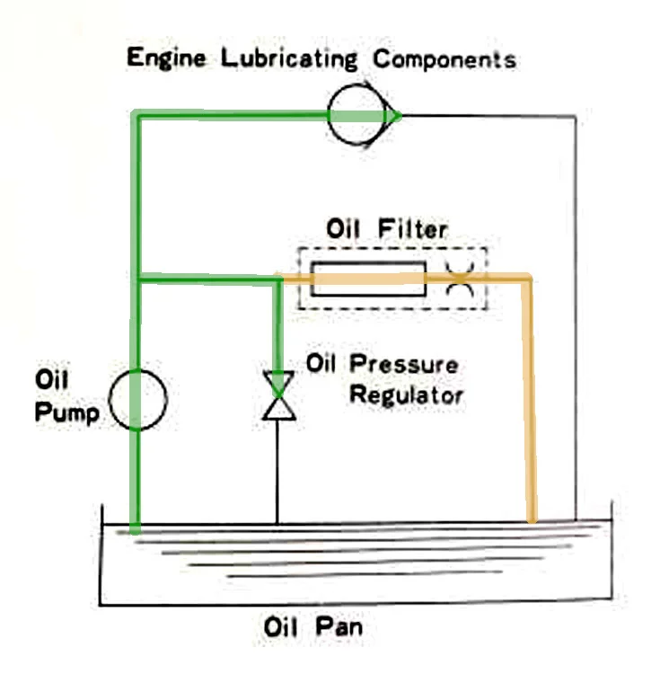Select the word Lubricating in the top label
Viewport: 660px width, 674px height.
pyautogui.click(x=282, y=60)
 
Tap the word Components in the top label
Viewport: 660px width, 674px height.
pyautogui.click(x=445, y=60)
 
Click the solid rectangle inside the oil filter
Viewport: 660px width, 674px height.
pyautogui.click(x=368, y=279)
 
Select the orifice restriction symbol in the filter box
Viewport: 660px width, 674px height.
pyautogui.click(x=461, y=279)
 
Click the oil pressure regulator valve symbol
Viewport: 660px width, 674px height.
pyautogui.click(x=277, y=396)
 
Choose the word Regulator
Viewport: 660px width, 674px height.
pyautogui.click(x=406, y=395)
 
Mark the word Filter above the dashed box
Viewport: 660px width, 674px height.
pyautogui.click(x=416, y=230)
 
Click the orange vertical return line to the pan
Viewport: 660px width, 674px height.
pyautogui.click(x=531, y=404)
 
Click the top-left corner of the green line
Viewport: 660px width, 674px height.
pyautogui.click(x=136, y=115)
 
